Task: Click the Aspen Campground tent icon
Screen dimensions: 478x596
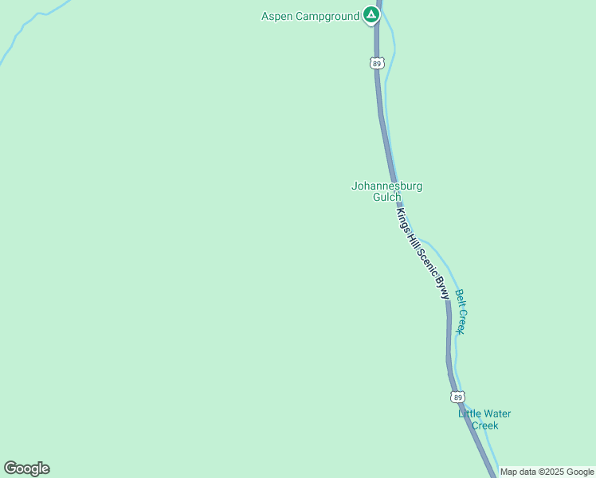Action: point(371,14)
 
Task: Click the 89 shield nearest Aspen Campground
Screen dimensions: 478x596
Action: point(377,62)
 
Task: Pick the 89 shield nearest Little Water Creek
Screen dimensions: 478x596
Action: point(457,397)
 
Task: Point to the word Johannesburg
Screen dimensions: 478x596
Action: point(386,186)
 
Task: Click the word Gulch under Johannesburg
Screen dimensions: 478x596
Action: point(387,197)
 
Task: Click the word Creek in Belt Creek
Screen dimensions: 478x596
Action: point(460,320)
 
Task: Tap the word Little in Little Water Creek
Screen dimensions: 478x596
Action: point(471,413)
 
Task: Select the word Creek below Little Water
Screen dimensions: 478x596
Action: point(484,425)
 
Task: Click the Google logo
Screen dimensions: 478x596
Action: point(26,468)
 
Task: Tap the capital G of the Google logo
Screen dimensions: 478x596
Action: point(10,468)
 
